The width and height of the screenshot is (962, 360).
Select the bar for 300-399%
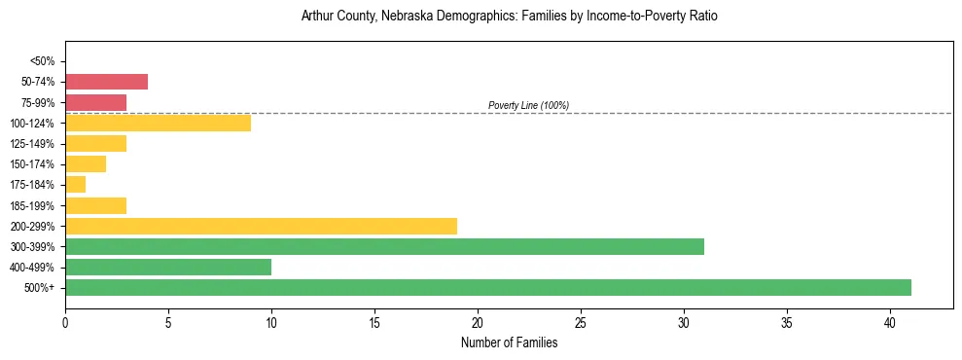pyautogui.click(x=384, y=246)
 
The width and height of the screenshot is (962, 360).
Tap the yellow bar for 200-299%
pyautogui.click(x=261, y=226)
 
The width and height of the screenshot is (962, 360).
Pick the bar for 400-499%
pyautogui.click(x=168, y=267)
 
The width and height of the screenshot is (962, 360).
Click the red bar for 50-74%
pyautogui.click(x=107, y=82)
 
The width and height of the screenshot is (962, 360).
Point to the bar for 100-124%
pyautogui.click(x=158, y=123)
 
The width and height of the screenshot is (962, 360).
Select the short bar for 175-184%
pyautogui.click(x=76, y=184)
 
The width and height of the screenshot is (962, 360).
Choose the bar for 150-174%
pyautogui.click(x=86, y=163)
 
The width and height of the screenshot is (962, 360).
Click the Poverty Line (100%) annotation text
pyautogui.click(x=528, y=105)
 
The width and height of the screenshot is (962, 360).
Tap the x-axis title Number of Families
pyautogui.click(x=509, y=342)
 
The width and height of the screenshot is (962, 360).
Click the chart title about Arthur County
pyautogui.click(x=509, y=17)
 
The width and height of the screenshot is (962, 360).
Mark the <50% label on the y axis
pyautogui.click(x=43, y=61)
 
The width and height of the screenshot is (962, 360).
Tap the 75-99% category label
pyautogui.click(x=38, y=102)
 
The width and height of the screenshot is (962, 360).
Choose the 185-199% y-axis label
pyautogui.click(x=33, y=205)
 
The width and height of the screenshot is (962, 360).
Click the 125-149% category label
pyautogui.click(x=33, y=143)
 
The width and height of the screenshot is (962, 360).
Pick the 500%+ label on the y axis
pyautogui.click(x=41, y=288)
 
